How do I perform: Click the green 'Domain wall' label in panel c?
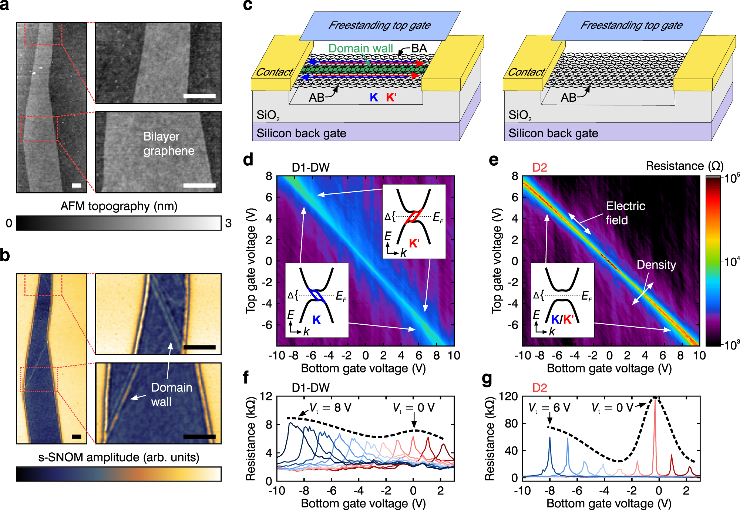click(x=360, y=48)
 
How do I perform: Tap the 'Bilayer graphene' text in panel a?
click(x=168, y=143)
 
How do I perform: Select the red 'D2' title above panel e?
click(x=539, y=168)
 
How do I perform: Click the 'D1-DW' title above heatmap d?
click(x=310, y=168)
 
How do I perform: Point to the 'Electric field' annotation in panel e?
click(x=625, y=213)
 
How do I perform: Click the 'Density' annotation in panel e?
click(x=656, y=265)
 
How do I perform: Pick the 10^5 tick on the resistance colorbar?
click(x=731, y=179)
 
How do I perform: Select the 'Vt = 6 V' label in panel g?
click(x=549, y=408)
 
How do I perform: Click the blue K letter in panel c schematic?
click(x=374, y=98)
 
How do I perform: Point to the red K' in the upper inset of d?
click(x=414, y=243)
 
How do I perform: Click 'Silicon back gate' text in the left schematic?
click(x=301, y=133)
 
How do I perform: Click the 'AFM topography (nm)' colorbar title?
click(x=119, y=206)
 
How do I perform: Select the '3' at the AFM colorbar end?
click(x=228, y=223)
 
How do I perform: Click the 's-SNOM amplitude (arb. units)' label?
click(x=119, y=457)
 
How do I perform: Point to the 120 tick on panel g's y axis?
click(x=509, y=396)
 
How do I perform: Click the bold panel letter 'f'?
click(x=246, y=378)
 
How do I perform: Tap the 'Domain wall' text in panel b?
click(x=171, y=395)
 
